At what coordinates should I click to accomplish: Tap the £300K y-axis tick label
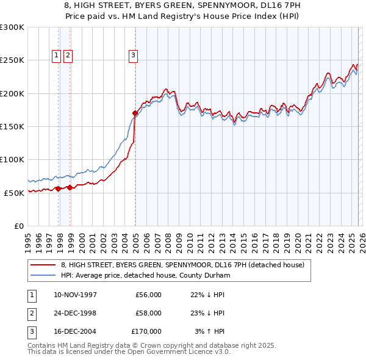coord(12,27)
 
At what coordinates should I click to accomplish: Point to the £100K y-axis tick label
coord(12,159)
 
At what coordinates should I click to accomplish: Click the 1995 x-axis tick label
coord(28,239)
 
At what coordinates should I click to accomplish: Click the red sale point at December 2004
coord(135,113)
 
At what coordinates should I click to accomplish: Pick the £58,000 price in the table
coord(148,313)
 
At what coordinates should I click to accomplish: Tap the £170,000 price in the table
coord(146,331)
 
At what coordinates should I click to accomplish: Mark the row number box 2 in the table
coord(30,313)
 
